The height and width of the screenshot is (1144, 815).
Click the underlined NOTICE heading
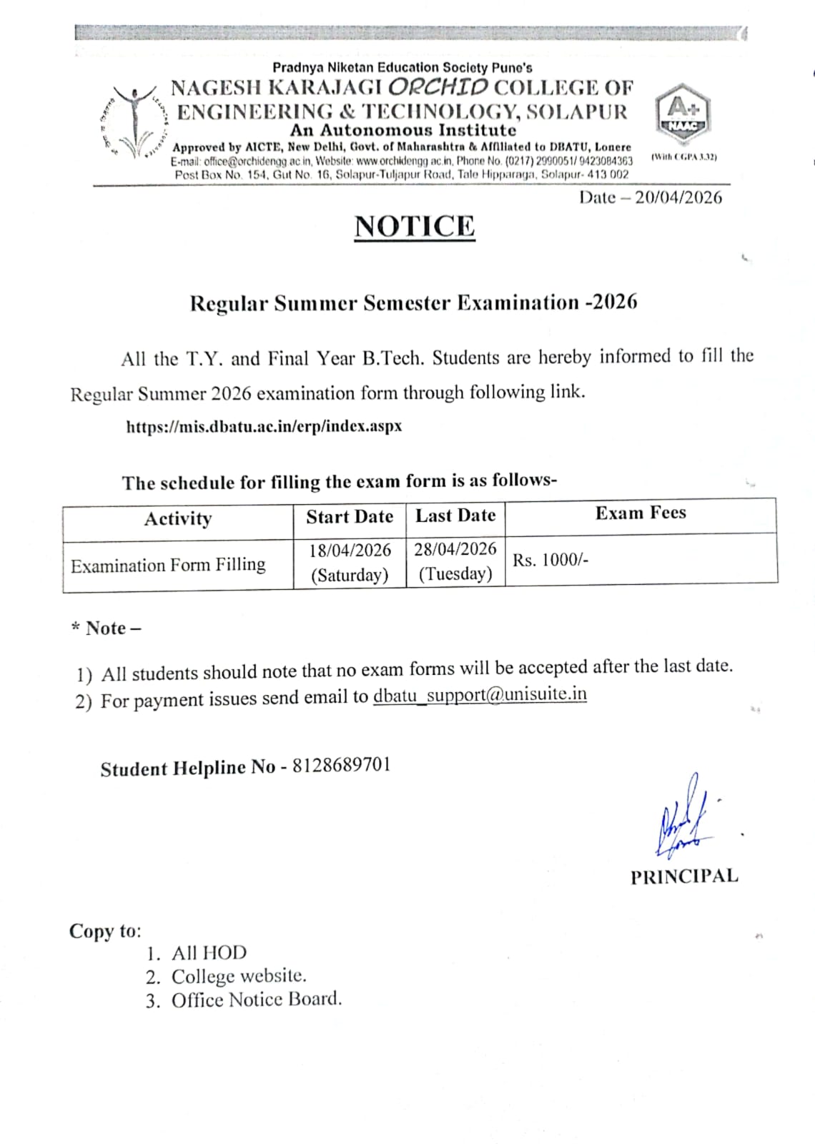415,227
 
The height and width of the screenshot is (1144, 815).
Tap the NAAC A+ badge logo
682,114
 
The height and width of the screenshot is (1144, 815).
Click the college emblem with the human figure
133,122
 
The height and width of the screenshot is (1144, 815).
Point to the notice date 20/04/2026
678,198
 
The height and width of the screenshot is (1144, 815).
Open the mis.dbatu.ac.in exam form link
264,427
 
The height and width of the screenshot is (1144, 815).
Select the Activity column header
178,518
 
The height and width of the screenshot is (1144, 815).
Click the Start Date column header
350,517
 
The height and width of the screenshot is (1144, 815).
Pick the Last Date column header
455,516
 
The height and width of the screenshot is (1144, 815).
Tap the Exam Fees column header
641,513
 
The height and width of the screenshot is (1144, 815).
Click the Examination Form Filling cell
168,566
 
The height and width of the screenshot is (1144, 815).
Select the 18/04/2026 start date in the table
350,551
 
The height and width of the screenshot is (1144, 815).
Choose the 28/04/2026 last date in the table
455,549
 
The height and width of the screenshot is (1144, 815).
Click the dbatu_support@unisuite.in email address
480,695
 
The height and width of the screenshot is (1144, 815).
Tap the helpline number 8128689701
342,765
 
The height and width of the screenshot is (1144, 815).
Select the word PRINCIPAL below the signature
684,877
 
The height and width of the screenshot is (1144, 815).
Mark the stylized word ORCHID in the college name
440,87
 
